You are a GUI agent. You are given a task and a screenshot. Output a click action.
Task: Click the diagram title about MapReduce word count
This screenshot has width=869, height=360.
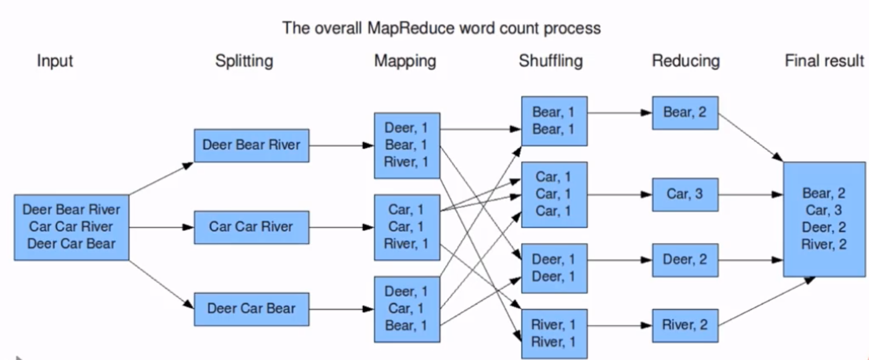coord(441,28)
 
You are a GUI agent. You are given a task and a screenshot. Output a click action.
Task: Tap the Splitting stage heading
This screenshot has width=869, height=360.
coord(244,61)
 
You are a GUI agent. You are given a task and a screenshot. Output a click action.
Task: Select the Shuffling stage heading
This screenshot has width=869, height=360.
coord(551,61)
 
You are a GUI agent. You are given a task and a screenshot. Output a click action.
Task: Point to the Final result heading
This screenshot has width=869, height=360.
coord(824,61)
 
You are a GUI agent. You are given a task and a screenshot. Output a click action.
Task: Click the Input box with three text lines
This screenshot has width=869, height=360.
coord(71,227)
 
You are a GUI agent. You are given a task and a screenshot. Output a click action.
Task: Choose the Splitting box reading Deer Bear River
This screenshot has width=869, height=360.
coord(251,145)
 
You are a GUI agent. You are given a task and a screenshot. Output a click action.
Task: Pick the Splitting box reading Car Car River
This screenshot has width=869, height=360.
coord(251,227)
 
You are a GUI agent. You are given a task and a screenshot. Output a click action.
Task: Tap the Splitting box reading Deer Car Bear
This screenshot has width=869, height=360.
coord(251,309)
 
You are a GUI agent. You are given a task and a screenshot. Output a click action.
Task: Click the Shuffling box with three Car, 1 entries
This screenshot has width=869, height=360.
coord(554,195)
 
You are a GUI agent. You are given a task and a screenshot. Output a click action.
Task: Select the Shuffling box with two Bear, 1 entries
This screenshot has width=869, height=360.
coord(554,121)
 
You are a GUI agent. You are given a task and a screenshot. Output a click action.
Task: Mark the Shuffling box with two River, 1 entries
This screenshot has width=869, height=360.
coord(554,334)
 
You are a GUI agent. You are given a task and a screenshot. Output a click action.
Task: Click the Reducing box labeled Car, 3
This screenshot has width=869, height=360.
coord(685,195)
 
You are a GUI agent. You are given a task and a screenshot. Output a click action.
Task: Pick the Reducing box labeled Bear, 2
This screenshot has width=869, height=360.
coord(685,113)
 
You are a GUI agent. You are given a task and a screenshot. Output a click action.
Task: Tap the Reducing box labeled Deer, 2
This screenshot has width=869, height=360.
coord(685,260)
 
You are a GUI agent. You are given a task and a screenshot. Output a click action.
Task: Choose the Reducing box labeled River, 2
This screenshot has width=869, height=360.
coord(685,325)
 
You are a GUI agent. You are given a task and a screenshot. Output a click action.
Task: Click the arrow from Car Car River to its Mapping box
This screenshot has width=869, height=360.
coord(341,227)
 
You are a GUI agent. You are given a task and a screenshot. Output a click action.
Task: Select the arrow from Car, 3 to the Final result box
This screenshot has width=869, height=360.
coord(750,195)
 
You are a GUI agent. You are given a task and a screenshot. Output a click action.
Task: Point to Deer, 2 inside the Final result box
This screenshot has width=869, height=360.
coord(824,227)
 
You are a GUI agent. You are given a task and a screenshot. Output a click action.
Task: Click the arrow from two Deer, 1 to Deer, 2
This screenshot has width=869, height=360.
coord(620,260)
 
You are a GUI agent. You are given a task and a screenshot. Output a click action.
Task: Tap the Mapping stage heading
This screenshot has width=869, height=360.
coord(405,61)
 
